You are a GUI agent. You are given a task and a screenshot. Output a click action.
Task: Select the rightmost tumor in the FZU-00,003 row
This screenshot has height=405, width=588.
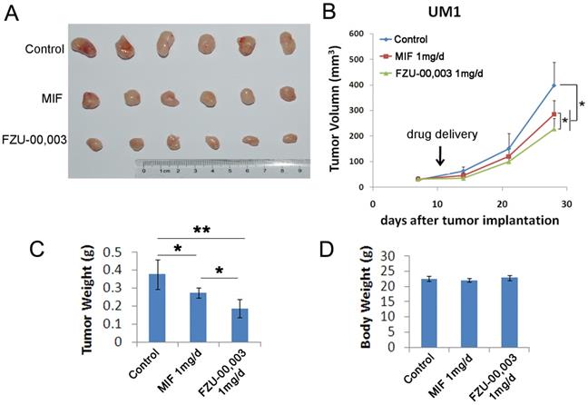coord(289,138)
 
